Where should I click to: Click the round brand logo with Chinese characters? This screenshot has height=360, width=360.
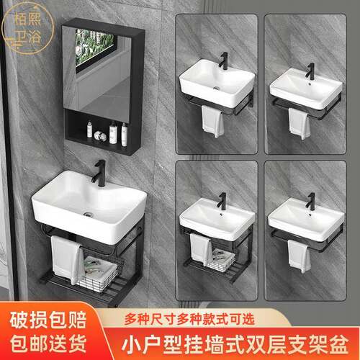[27, 28]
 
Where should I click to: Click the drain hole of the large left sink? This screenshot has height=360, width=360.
[88, 214]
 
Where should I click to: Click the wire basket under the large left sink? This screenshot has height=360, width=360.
[102, 274]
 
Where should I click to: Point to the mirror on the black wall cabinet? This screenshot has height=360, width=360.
[97, 70]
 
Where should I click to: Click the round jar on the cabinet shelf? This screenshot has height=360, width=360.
[100, 136]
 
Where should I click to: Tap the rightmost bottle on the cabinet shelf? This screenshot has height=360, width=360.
[124, 134]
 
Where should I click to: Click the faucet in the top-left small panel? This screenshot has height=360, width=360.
[224, 61]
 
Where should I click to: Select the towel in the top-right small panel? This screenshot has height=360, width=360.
[299, 123]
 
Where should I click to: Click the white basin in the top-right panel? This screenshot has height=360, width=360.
[305, 89]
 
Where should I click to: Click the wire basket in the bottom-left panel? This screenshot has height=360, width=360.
[221, 261]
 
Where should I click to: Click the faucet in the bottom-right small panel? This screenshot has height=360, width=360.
[310, 201]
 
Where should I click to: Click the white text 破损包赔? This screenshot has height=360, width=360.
[48, 320]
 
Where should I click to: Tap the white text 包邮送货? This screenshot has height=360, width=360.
[48, 343]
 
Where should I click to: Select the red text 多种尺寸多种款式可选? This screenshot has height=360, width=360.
[189, 319]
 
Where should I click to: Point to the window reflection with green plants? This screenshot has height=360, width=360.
[94, 47]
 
